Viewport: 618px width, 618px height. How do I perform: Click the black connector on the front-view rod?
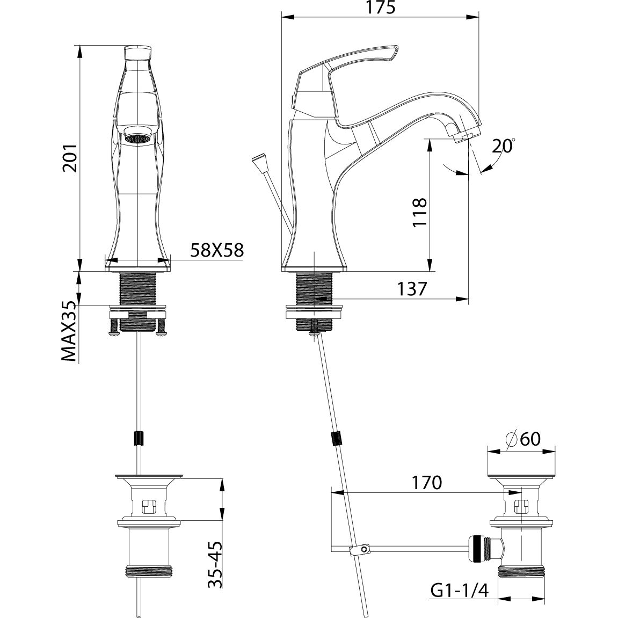pos(139,439)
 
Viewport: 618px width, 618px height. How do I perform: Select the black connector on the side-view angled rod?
pos(337,439)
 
